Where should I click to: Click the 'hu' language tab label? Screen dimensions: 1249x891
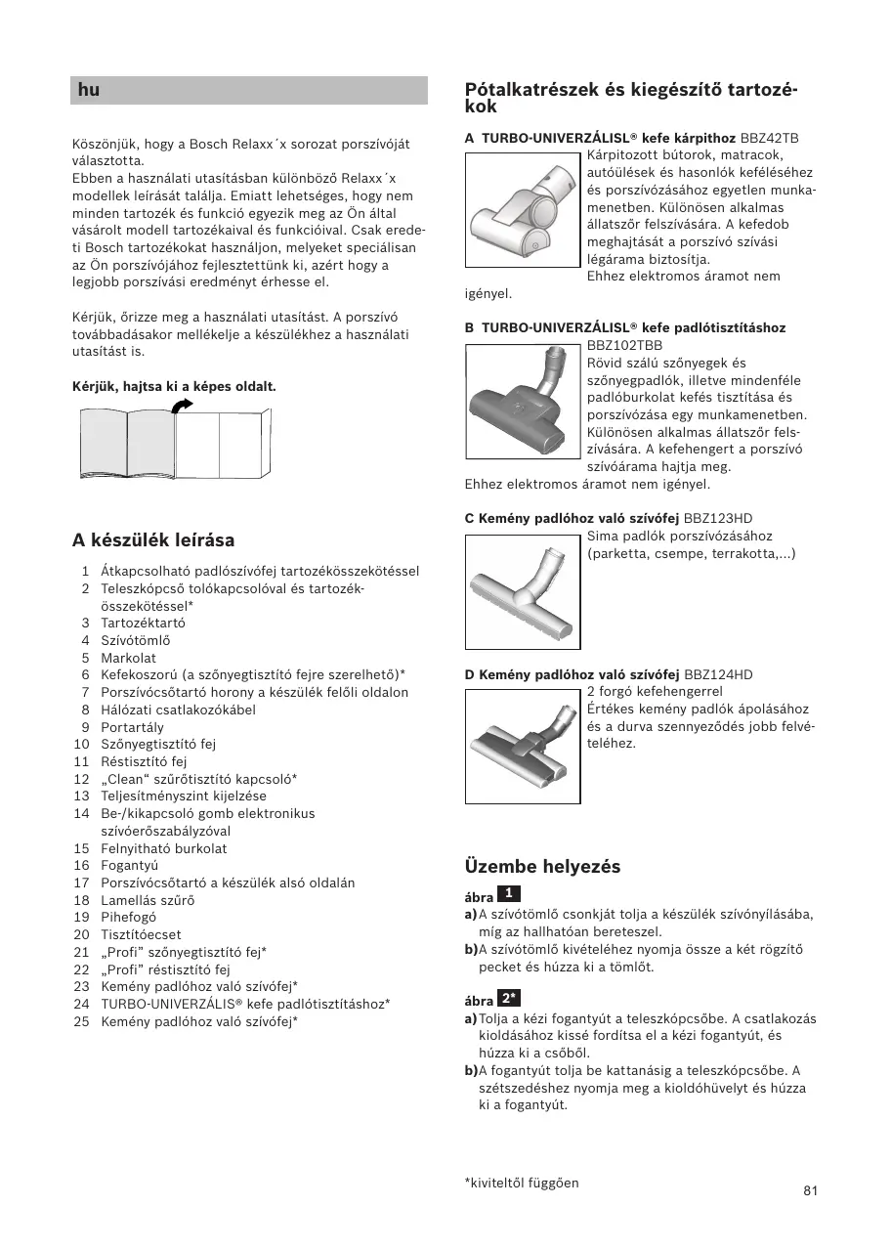click(89, 91)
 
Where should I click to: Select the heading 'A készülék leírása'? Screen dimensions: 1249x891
click(153, 540)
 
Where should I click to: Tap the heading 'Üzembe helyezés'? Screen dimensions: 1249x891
click(542, 867)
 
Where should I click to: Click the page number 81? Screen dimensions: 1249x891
click(810, 1190)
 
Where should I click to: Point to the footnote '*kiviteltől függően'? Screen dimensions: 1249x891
click(522, 1183)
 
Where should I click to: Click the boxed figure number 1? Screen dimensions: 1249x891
click(509, 893)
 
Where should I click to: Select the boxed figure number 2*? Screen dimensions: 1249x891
click(508, 998)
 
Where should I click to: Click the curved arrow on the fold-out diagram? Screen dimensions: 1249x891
click(182, 405)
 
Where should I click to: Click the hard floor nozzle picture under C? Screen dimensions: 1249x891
click(523, 592)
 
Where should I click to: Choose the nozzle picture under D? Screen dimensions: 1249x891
click(523, 746)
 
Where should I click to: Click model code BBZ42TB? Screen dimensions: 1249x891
click(770, 138)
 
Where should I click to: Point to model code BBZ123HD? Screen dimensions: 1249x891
click(718, 518)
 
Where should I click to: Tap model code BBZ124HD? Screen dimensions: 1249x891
click(718, 674)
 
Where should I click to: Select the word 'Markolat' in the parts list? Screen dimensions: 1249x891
click(128, 658)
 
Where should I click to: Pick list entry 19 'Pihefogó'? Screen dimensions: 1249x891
click(128, 917)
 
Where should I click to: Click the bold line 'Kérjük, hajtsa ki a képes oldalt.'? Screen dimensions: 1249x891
click(174, 386)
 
